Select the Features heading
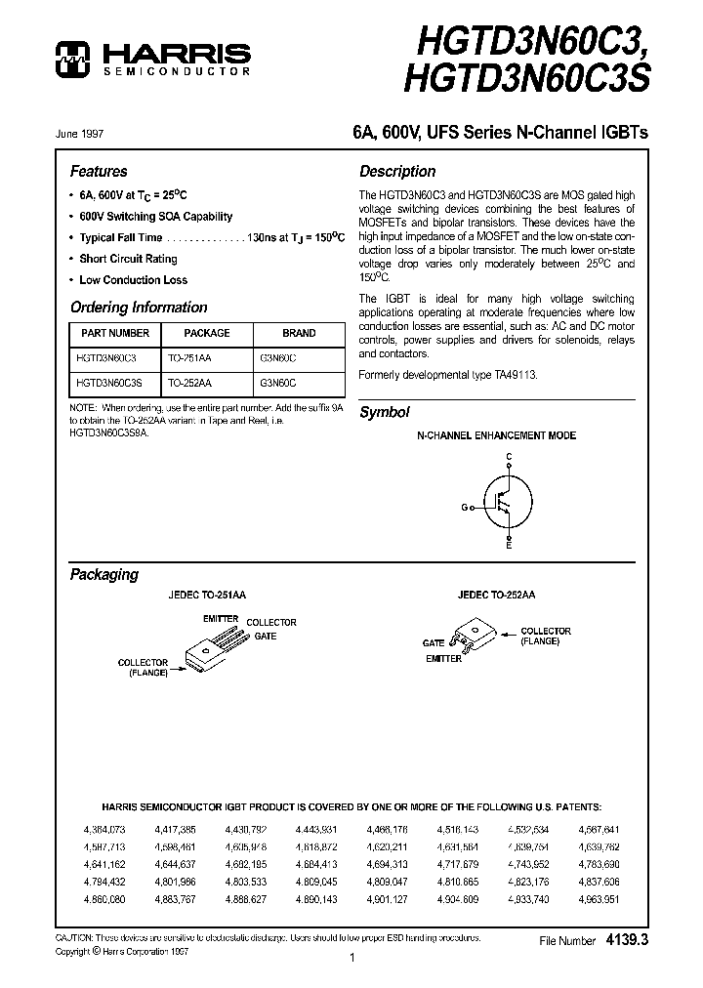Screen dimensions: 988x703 point(99,171)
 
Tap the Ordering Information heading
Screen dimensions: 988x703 point(139,307)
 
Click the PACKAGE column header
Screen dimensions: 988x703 point(207,333)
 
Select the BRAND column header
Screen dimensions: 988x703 point(299,333)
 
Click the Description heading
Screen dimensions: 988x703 point(397,171)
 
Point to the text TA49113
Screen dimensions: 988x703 point(517,375)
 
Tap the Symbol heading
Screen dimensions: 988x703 point(385,412)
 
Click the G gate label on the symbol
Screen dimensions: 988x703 point(465,506)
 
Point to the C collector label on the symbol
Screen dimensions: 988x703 point(509,457)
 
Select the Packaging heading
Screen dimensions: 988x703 point(103,574)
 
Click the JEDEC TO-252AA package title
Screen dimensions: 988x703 point(496,595)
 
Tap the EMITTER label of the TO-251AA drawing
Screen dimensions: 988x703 point(221,619)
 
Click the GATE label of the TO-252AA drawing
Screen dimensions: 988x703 point(434,643)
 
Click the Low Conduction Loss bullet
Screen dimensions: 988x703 point(134,279)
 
